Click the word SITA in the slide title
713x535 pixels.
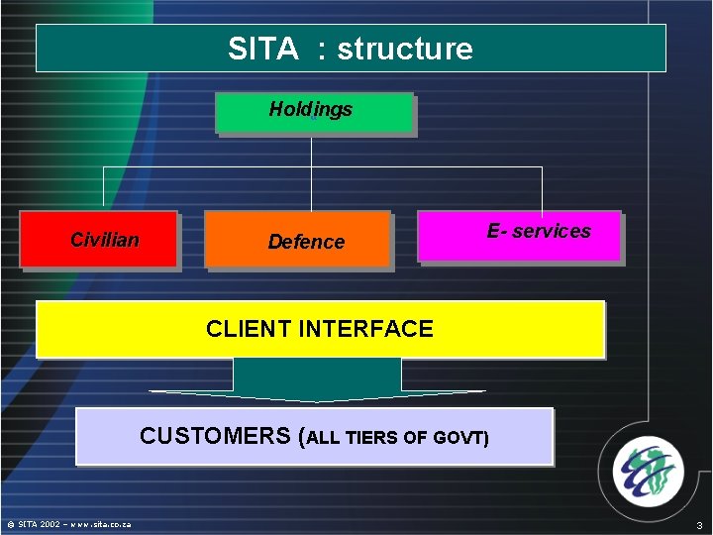[262, 49]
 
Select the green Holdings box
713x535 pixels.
[314, 112]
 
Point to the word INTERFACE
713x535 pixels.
[371, 329]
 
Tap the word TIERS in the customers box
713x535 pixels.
[373, 438]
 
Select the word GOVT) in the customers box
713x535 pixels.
[460, 438]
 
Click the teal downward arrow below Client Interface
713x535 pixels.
[317, 381]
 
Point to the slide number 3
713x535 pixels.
[699, 525]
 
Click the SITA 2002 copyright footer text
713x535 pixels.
[69, 524]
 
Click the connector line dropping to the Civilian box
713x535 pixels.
[103, 188]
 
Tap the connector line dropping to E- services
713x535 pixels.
[542, 188]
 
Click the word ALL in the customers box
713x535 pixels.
[326, 438]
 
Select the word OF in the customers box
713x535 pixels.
[415, 438]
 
